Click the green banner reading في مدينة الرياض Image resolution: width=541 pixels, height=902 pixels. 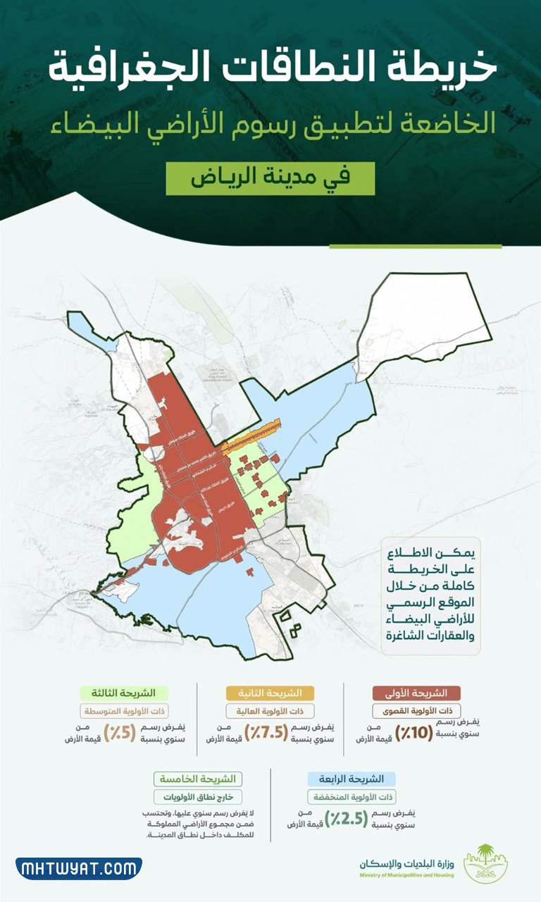(270, 179)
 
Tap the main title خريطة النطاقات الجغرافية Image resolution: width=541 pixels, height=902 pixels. (271, 70)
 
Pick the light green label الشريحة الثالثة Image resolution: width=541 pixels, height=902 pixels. (118, 693)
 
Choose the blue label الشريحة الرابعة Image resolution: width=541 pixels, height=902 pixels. (352, 779)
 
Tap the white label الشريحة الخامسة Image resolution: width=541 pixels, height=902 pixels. (198, 779)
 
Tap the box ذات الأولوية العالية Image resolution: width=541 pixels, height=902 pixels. (270, 711)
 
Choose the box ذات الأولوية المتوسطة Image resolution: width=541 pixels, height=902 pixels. (117, 711)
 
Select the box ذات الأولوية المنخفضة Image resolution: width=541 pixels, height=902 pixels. (352, 797)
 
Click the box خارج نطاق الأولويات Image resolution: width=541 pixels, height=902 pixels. (197, 797)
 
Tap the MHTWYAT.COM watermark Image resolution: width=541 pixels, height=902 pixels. (78, 868)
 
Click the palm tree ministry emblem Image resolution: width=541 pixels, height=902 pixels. (487, 861)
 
